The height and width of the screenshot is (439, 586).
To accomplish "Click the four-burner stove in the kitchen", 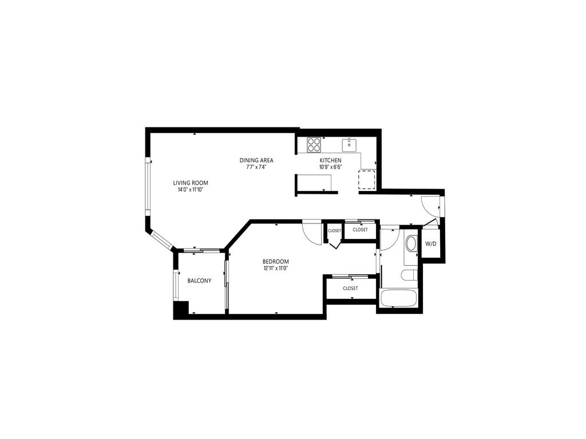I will (x=314, y=145).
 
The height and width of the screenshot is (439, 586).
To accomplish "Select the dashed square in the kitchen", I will (x=367, y=179).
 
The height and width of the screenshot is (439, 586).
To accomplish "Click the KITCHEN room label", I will (x=330, y=161).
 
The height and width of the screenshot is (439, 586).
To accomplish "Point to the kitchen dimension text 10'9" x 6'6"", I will (x=330, y=167).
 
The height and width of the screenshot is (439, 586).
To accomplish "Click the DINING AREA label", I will (x=256, y=160).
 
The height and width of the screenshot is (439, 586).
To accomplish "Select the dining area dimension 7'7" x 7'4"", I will (x=256, y=167).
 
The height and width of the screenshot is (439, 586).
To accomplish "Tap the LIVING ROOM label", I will (x=191, y=183).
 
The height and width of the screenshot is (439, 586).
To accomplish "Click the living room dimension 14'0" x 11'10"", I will (x=191, y=190).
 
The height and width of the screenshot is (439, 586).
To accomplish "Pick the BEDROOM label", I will (x=276, y=261).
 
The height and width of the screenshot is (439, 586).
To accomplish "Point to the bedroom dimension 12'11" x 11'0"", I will (x=275, y=268).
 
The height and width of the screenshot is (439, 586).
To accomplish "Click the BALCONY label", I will (x=199, y=281).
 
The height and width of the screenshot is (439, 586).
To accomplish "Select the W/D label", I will (x=430, y=244).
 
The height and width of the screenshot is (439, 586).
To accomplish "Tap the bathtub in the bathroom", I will (x=398, y=298).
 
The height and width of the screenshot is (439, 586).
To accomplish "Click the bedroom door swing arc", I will (x=312, y=232).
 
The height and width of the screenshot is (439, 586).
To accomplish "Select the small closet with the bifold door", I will (x=334, y=232).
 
